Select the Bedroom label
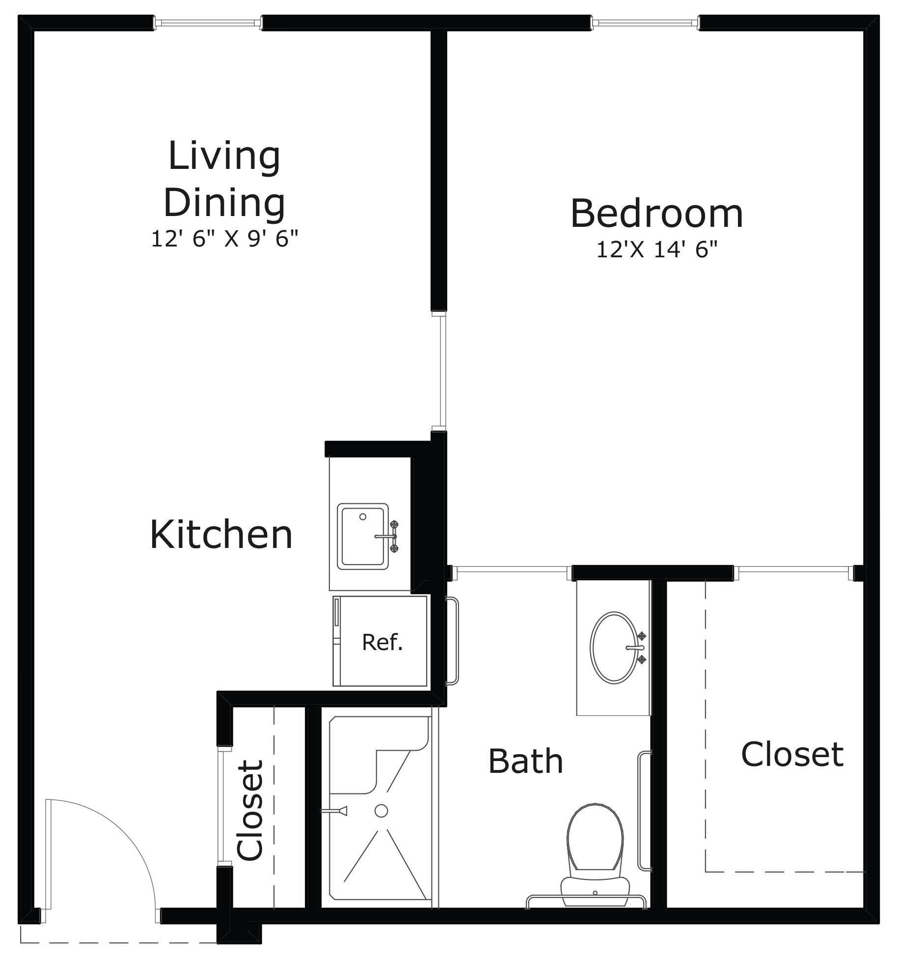[x=656, y=214]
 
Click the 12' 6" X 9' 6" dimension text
[x=224, y=240]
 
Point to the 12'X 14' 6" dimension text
[x=656, y=250]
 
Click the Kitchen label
[x=221, y=535]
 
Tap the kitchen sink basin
[x=362, y=536]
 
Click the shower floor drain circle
[x=381, y=811]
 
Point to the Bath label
[x=525, y=762]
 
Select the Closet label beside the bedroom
[x=792, y=755]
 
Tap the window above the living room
[x=208, y=23]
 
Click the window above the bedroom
[x=645, y=23]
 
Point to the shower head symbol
[x=339, y=811]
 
